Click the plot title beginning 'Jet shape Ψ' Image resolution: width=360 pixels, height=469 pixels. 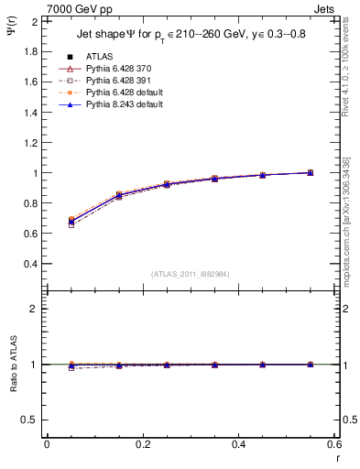[189, 36]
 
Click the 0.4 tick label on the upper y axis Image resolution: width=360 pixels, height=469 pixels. [27, 264]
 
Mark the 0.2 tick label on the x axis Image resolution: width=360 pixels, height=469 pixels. [142, 444]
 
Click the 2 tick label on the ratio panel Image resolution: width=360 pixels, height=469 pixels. [32, 310]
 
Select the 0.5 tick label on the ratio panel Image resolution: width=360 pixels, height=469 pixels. [27, 420]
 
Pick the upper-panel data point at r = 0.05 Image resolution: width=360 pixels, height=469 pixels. [71, 221]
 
